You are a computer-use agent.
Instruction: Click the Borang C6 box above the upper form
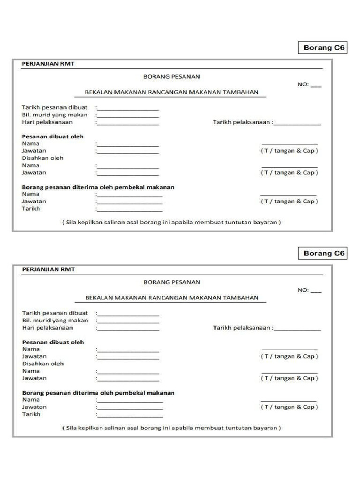coord(323,48)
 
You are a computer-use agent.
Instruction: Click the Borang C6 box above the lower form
coord(323,254)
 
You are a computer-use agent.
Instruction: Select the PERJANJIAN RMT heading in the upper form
coord(48,64)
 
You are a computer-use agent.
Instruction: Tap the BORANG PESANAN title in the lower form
coord(172,282)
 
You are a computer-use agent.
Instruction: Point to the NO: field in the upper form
coord(309,85)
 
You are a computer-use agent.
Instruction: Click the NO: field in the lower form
coord(309,290)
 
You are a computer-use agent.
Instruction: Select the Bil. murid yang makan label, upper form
coord(55,115)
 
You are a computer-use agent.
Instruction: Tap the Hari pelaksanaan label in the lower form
coord(47,328)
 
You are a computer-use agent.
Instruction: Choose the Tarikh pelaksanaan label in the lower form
coord(242,328)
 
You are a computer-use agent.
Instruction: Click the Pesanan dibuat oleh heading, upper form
coord(53,136)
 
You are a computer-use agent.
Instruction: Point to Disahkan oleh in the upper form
coord(43,158)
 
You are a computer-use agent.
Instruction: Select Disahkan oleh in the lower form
coord(43,363)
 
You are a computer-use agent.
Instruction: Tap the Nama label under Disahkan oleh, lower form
coord(31,371)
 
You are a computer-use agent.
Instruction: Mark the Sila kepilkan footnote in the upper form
coord(172,222)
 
